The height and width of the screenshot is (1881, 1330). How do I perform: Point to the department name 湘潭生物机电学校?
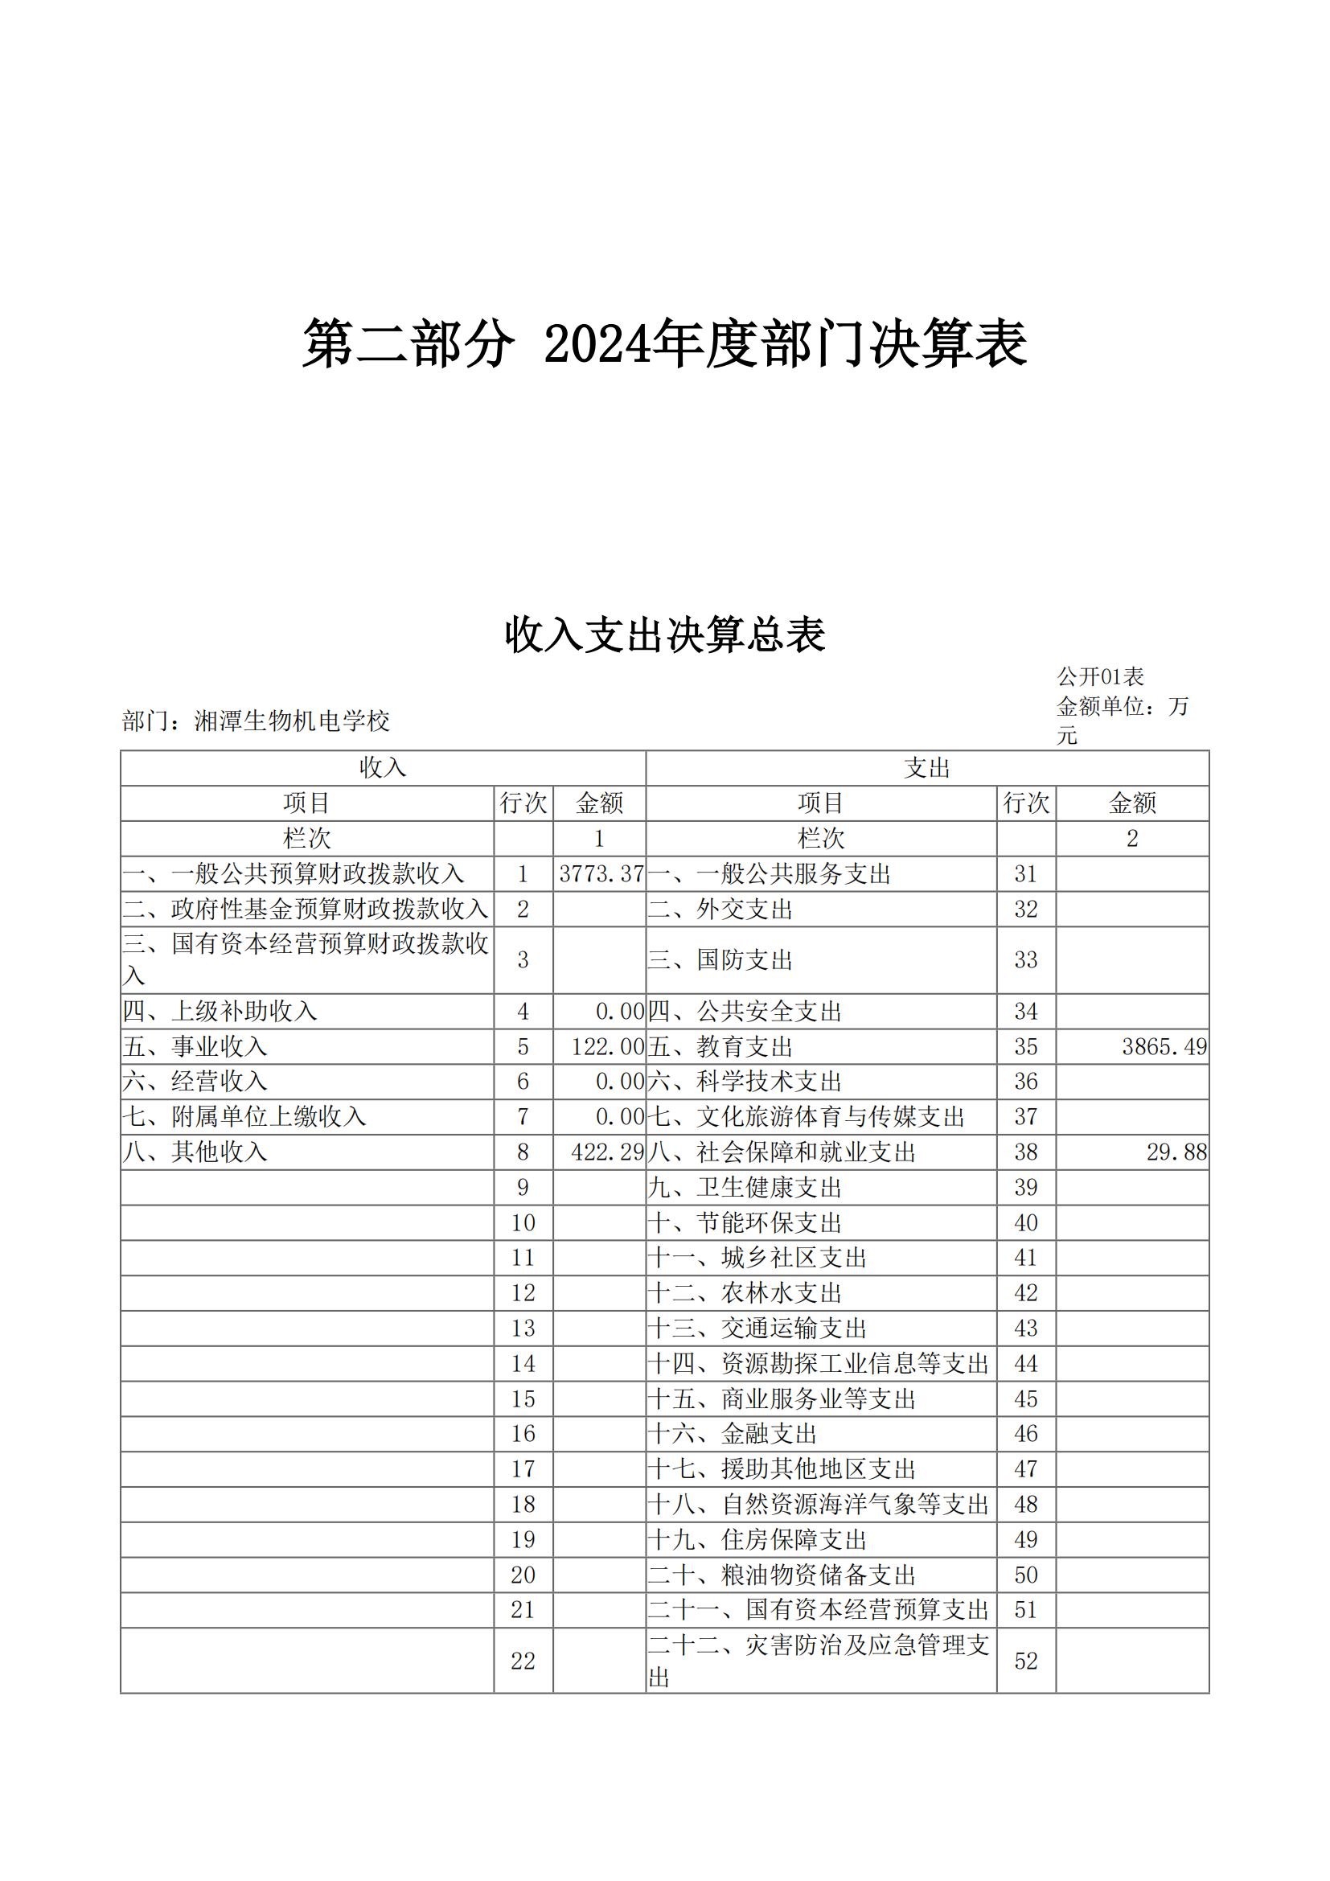[x=292, y=721]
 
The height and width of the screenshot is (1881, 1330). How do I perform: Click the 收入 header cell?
[x=383, y=768]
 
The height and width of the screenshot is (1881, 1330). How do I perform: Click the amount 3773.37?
[x=601, y=874]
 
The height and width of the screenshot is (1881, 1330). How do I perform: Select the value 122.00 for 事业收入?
[x=608, y=1047]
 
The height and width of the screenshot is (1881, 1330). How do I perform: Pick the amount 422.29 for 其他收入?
[x=608, y=1152]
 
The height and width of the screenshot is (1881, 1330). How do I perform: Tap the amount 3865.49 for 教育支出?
[x=1164, y=1047]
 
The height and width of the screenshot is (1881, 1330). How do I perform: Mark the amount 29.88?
[x=1176, y=1152]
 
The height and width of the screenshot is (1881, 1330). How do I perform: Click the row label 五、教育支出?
[x=720, y=1047]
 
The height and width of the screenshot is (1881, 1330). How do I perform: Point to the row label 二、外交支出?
[x=720, y=910]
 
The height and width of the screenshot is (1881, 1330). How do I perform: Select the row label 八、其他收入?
[x=195, y=1152]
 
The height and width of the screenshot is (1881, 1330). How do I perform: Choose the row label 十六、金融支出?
[x=733, y=1434]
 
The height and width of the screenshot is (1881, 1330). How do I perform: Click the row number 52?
[x=1025, y=1661]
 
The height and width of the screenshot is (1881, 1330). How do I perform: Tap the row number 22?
[x=523, y=1661]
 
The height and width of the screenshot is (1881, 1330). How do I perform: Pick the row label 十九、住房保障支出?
[x=757, y=1539]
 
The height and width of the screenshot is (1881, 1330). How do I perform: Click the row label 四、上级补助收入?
[x=220, y=1012]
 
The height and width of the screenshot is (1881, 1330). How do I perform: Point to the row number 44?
[x=1025, y=1363]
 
